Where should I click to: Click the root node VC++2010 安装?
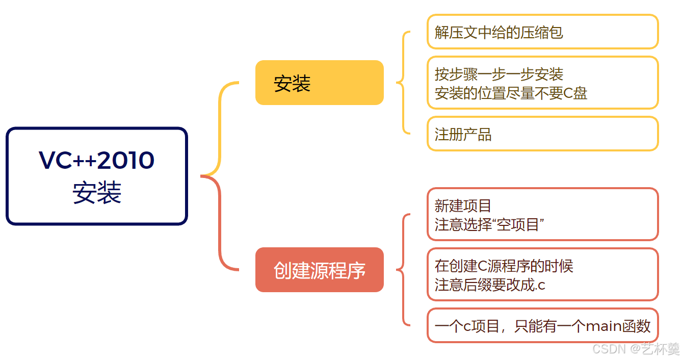[97, 176]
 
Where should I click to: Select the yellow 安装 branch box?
[319, 83]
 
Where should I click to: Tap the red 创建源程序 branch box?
[319, 270]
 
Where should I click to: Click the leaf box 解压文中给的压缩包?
[542, 32]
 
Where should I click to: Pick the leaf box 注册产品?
[542, 134]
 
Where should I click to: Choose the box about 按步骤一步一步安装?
[542, 83]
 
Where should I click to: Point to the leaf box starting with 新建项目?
[542, 214]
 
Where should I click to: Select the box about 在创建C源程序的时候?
[542, 274]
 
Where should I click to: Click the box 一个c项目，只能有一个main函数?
[542, 325]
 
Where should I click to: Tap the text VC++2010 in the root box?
[97, 160]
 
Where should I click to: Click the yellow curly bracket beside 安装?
[404, 83]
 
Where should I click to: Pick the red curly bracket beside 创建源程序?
[404, 270]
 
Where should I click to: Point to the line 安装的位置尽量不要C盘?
[511, 93]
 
